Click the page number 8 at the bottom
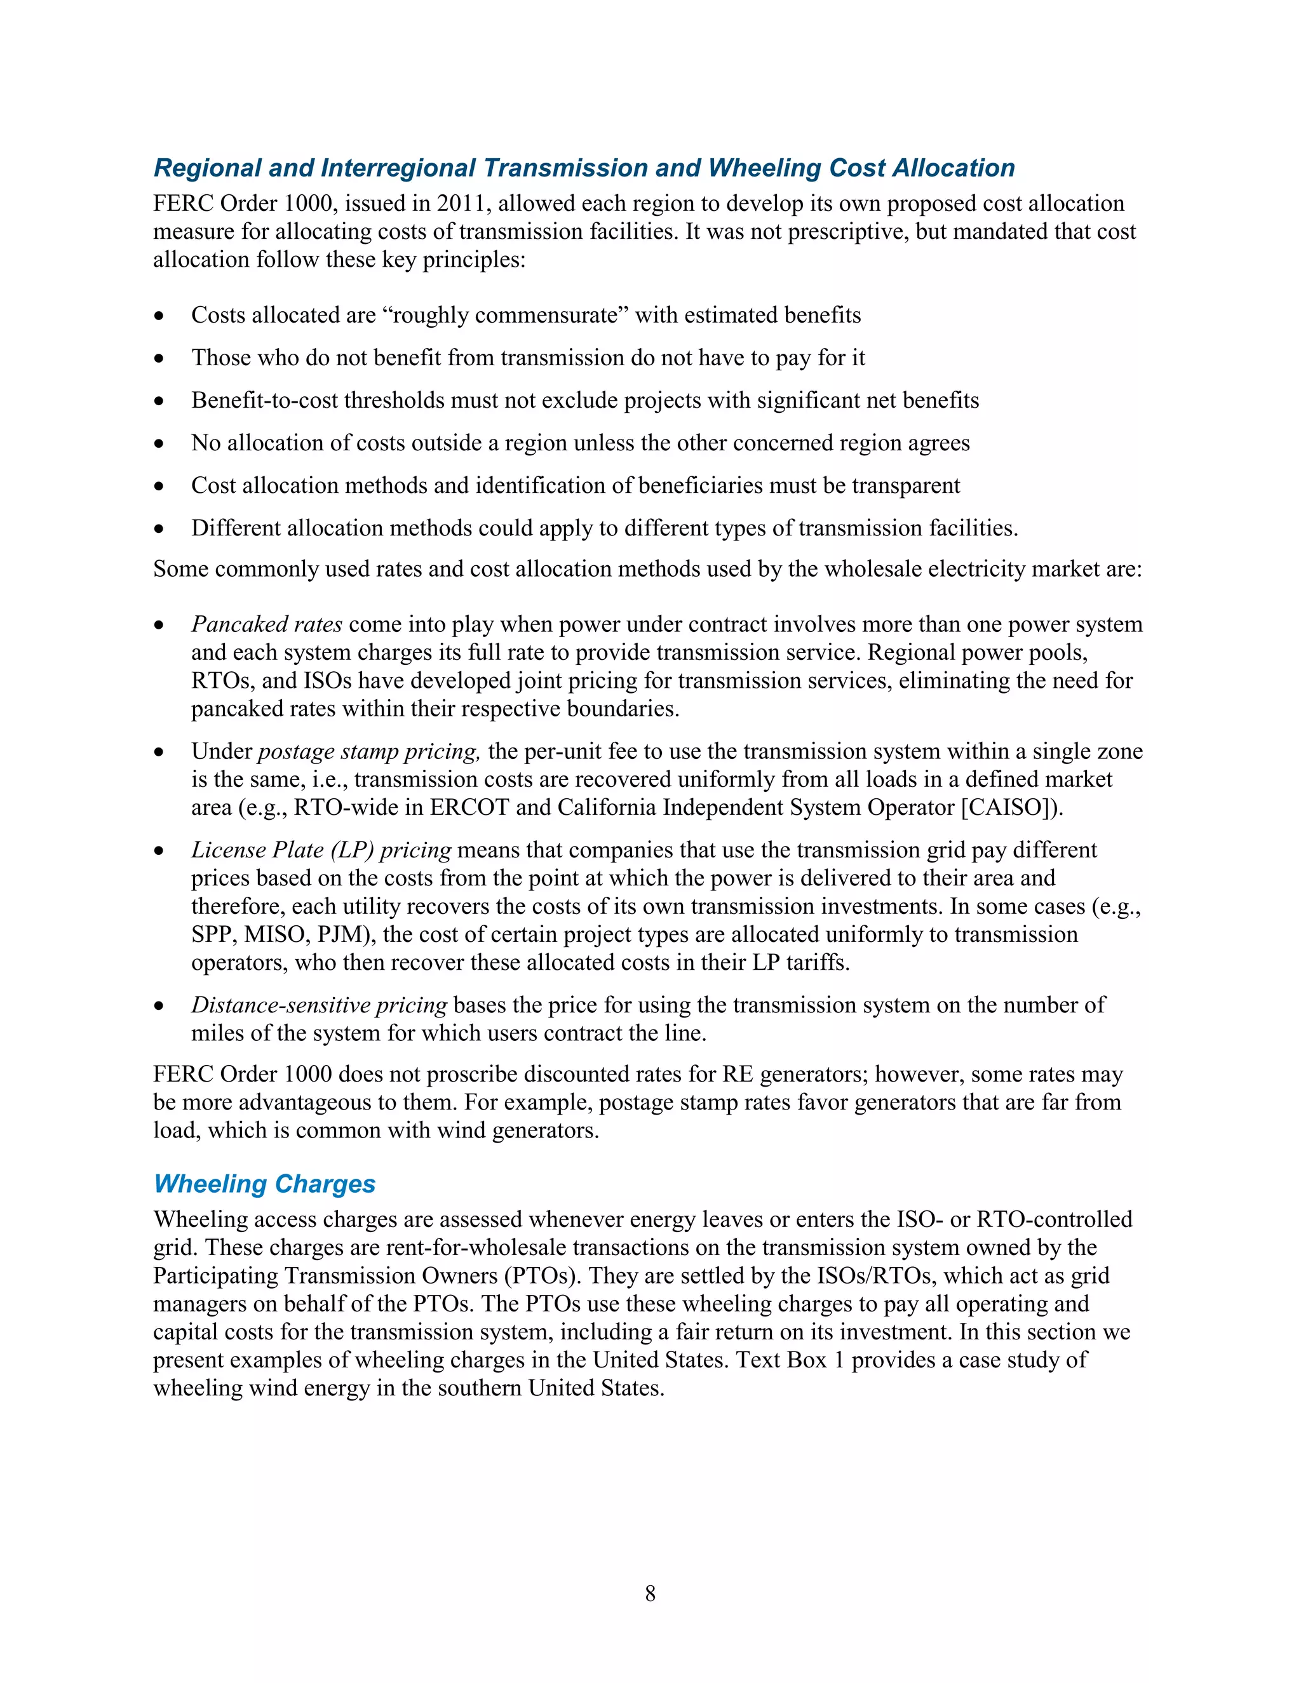[650, 1593]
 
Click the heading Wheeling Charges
[264, 1183]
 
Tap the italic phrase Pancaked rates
[267, 624]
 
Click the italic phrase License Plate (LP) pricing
[321, 849]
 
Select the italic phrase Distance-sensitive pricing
[319, 1004]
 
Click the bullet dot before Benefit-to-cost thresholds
[159, 401]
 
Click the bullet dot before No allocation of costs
[159, 443]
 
